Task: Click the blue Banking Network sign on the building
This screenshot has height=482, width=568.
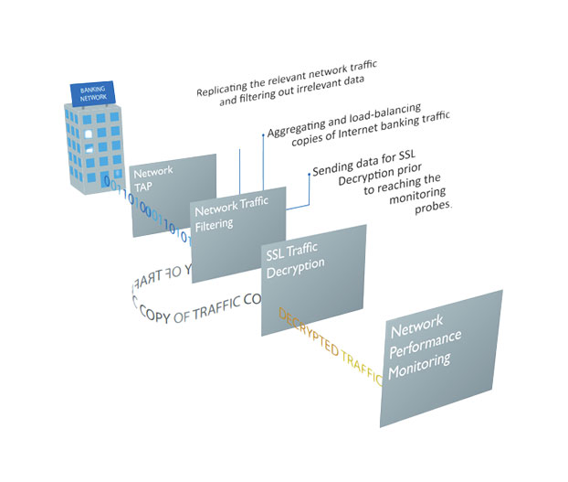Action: coord(93,95)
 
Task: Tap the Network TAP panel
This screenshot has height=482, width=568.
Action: coord(174,195)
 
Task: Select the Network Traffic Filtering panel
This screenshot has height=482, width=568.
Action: coord(237,230)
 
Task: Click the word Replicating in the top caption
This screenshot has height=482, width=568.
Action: coord(226,91)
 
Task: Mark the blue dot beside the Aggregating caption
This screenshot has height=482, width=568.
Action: coord(264,134)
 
